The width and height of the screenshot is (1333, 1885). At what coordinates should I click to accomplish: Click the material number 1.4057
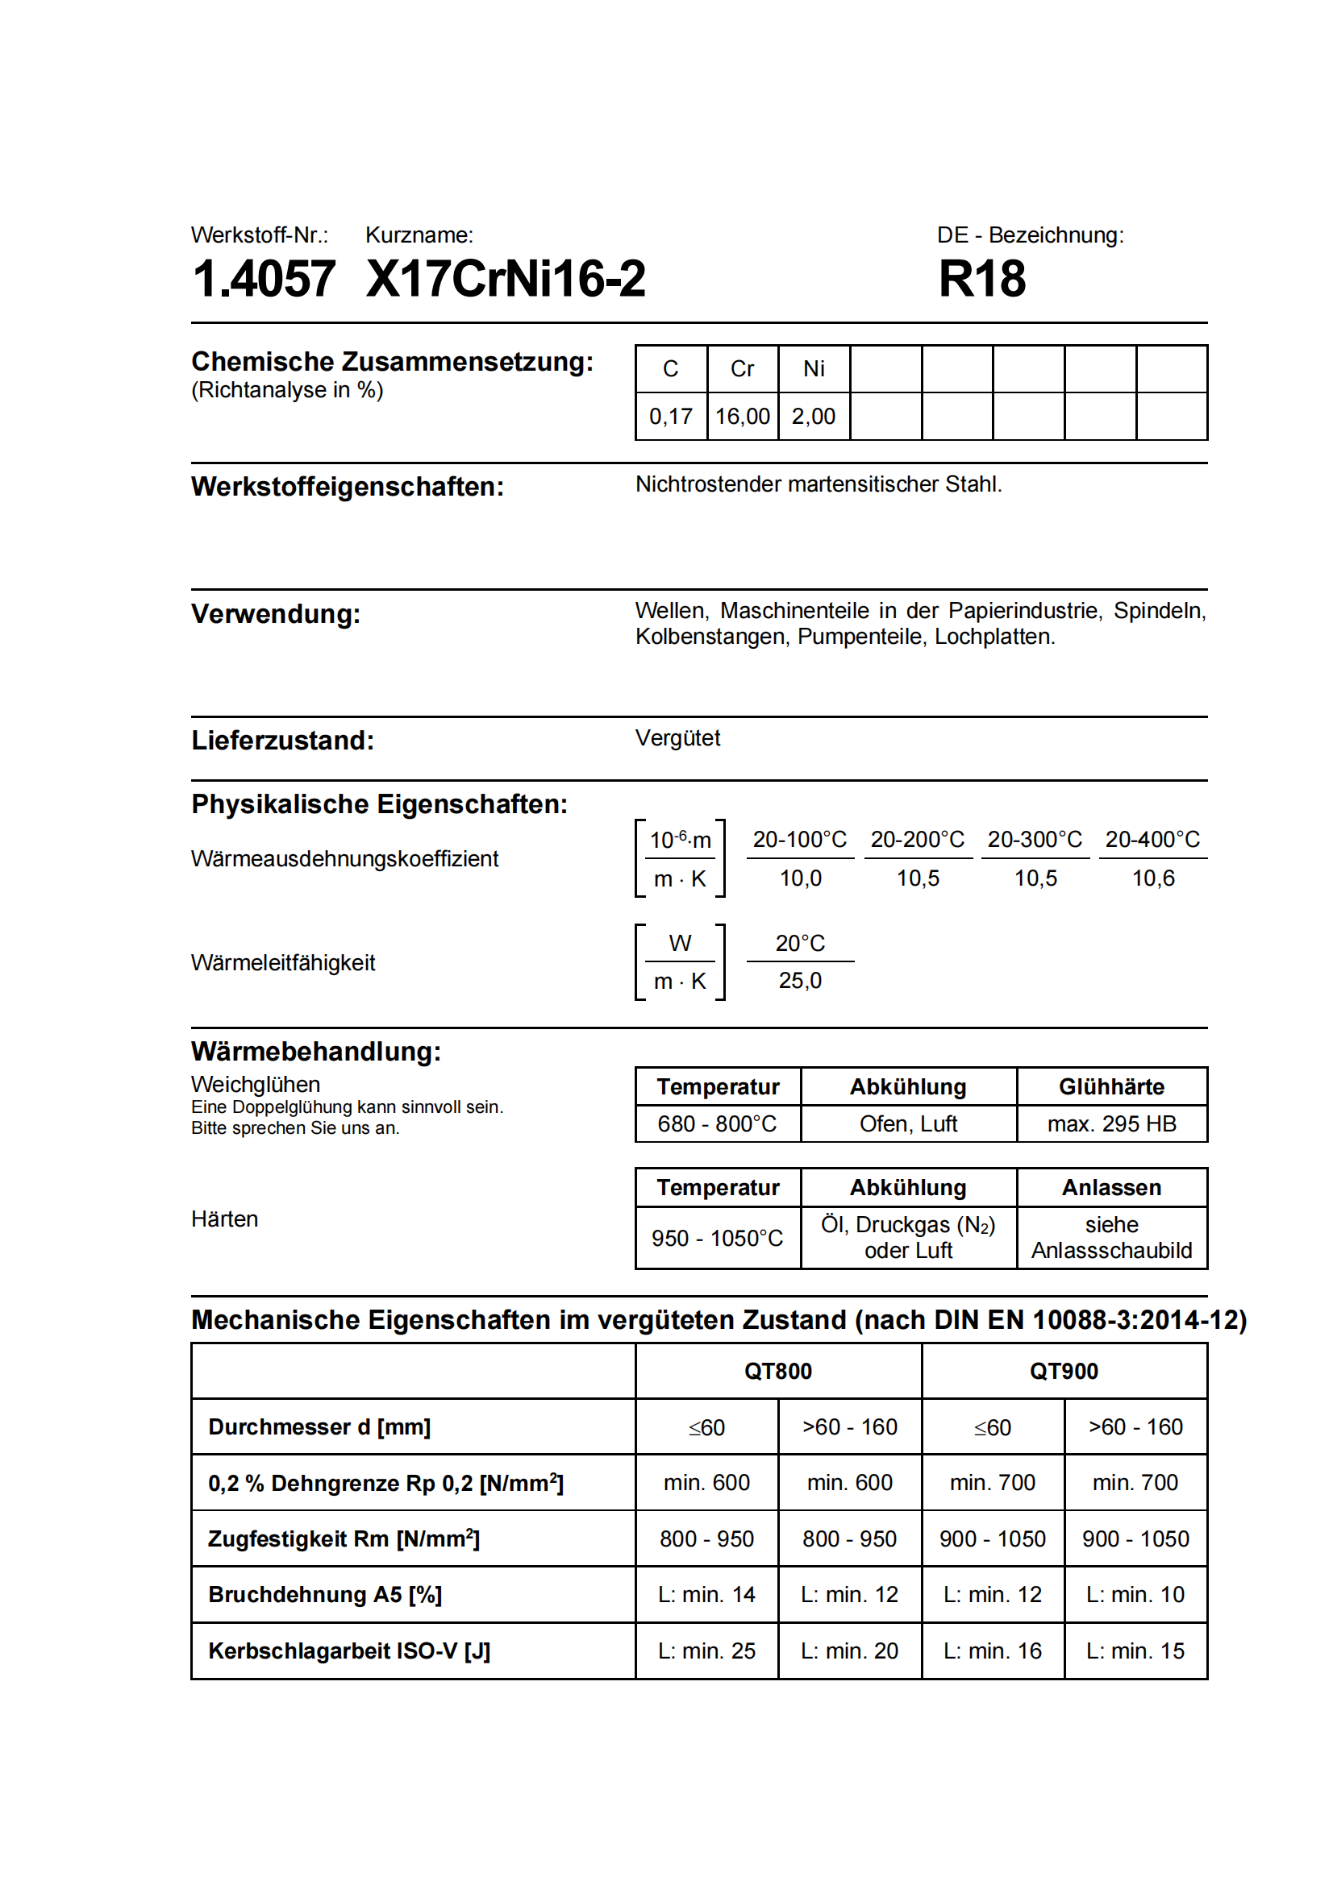point(263,278)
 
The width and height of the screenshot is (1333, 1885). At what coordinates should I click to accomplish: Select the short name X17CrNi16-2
point(505,278)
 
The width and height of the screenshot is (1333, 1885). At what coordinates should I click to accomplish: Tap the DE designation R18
point(981,278)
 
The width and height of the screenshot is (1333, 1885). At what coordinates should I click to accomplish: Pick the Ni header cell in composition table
point(813,368)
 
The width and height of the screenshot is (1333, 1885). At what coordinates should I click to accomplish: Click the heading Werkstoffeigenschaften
point(347,486)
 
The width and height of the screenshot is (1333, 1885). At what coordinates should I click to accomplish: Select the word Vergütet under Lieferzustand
point(677,738)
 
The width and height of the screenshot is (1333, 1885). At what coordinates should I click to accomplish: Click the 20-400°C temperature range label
point(1152,839)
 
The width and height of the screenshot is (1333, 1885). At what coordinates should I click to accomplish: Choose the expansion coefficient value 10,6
point(1152,878)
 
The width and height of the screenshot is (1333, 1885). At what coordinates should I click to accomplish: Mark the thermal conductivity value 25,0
point(800,980)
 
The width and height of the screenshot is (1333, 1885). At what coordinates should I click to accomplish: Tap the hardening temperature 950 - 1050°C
point(717,1237)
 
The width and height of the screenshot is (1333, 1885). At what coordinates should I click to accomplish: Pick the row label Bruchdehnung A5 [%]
point(324,1594)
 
